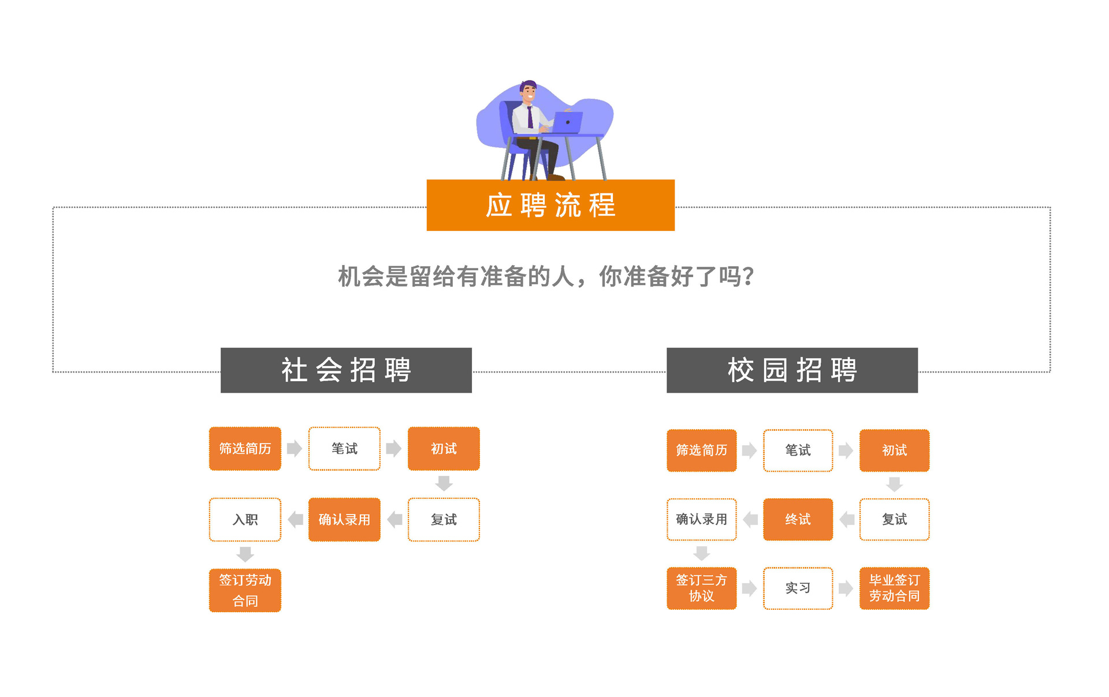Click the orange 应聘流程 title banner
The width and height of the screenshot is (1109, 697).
click(550, 205)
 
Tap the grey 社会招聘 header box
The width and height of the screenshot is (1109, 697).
click(346, 370)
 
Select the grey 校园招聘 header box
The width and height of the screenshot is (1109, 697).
click(792, 370)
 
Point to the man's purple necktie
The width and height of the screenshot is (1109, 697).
click(530, 117)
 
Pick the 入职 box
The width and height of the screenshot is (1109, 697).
click(245, 520)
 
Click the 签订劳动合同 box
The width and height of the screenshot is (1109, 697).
click(245, 590)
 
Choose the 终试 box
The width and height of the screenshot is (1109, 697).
click(798, 519)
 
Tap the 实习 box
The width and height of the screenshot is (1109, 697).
click(798, 588)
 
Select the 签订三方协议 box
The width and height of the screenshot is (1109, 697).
click(701, 588)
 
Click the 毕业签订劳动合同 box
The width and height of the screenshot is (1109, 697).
click(894, 588)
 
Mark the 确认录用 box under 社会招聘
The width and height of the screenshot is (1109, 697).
click(344, 520)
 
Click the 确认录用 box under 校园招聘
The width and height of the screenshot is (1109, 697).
click(701, 519)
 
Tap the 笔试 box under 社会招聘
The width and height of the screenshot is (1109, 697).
click(344, 449)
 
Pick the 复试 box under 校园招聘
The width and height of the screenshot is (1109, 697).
click(894, 519)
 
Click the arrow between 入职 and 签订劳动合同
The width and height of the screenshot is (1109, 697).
click(245, 554)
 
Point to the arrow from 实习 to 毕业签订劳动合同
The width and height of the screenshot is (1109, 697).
click(846, 588)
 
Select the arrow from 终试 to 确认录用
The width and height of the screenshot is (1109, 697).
click(750, 519)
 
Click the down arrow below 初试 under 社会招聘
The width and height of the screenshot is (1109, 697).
click(444, 483)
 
